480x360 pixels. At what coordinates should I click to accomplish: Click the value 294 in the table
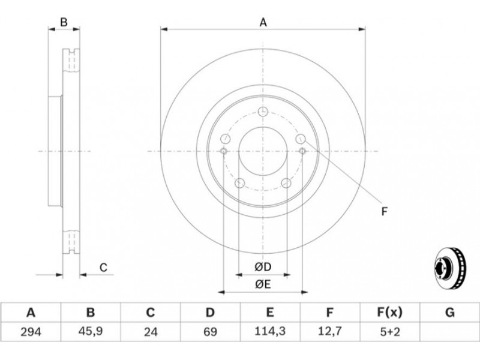pyautogui.click(x=31, y=332)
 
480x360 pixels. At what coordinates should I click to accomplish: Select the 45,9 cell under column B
pyautogui.click(x=91, y=332)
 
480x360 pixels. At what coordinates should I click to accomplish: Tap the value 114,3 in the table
pyautogui.click(x=269, y=332)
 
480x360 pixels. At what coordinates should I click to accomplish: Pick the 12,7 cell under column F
pyautogui.click(x=329, y=332)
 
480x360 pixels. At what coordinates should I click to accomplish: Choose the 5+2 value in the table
pyautogui.click(x=389, y=332)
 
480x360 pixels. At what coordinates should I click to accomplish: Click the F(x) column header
pyautogui.click(x=389, y=313)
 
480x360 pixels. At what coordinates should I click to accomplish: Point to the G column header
pyautogui.click(x=449, y=313)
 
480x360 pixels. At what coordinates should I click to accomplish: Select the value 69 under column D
pyautogui.click(x=211, y=332)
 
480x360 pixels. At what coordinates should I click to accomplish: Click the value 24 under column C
pyautogui.click(x=151, y=332)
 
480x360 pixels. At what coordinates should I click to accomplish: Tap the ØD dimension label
pyautogui.click(x=263, y=267)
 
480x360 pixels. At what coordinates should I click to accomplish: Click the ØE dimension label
pyautogui.click(x=263, y=284)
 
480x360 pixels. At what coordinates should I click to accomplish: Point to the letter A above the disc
pyautogui.click(x=263, y=22)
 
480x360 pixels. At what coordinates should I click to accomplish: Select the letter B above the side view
pyautogui.click(x=64, y=22)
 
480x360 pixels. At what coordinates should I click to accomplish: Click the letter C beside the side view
pyautogui.click(x=103, y=268)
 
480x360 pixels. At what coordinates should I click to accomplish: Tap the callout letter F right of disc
pyautogui.click(x=385, y=211)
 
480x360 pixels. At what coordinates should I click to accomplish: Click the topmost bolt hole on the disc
pyautogui.click(x=263, y=112)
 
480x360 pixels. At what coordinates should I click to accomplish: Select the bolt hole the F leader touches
pyautogui.click(x=301, y=139)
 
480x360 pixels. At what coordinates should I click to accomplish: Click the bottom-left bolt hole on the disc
pyautogui.click(x=239, y=184)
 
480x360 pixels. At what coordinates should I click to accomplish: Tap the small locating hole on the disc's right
pyautogui.click(x=302, y=151)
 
